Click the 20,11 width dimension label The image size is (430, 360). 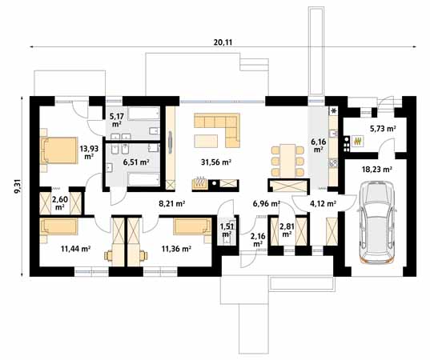[223, 42]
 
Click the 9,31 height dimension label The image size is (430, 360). [18, 187]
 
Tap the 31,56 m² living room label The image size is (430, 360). [216, 162]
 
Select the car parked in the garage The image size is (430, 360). [376, 222]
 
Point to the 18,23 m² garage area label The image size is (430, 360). [376, 170]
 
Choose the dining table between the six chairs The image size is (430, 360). [287, 160]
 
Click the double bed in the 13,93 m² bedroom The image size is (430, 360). [59, 150]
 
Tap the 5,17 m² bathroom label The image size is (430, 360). [117, 120]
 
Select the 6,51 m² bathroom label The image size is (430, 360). [136, 162]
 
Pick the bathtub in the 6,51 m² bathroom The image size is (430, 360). [143, 179]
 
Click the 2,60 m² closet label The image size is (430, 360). [60, 203]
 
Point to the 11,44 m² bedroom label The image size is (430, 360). [76, 249]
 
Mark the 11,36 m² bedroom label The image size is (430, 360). [176, 249]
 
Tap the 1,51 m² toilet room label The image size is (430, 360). [227, 230]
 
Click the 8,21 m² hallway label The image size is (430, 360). [172, 203]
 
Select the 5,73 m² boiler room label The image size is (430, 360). [383, 128]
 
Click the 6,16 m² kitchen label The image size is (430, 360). [318, 146]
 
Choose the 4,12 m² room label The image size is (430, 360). [323, 203]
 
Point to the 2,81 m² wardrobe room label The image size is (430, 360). [287, 230]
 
